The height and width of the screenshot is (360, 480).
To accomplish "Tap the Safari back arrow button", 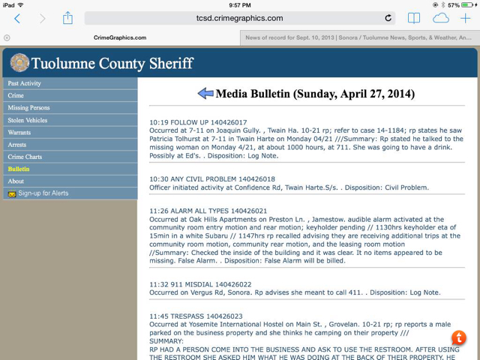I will tap(17, 18).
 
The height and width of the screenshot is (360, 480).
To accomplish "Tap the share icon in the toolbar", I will tap(67, 17).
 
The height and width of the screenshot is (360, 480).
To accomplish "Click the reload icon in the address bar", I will tap(388, 18).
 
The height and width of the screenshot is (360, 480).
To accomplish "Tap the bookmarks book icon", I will tap(413, 18).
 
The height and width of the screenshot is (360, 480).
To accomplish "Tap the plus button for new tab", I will tap(465, 18).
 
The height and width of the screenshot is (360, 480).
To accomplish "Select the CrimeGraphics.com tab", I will tap(120, 37).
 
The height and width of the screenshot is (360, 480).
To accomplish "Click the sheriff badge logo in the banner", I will tap(19, 63).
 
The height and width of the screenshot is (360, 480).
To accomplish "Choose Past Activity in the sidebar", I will tap(25, 83).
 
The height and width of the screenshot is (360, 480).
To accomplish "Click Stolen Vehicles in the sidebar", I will tap(28, 120).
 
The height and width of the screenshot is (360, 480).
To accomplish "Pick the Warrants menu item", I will tap(19, 132).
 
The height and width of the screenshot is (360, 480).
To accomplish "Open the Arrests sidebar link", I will tap(18, 144).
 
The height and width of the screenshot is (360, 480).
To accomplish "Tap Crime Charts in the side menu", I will tap(25, 157).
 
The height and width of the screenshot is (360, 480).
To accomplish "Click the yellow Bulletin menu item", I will tap(19, 169).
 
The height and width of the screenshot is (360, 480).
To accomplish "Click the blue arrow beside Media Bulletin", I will tap(205, 94).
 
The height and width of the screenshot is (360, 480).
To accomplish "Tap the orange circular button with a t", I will tap(459, 338).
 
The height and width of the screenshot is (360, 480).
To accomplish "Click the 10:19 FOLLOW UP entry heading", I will tap(198, 121).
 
